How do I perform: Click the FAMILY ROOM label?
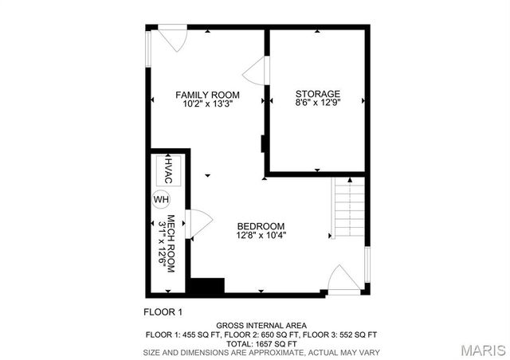click(207, 95)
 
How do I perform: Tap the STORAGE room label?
click(318, 93)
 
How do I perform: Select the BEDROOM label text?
click(261, 226)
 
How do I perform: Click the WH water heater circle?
click(162, 198)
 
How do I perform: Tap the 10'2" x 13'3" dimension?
click(207, 104)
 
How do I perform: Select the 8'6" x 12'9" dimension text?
click(318, 103)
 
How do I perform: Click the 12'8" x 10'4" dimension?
click(261, 236)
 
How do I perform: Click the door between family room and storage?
click(254, 72)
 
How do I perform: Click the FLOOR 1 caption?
click(163, 311)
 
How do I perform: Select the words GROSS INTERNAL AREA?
click(261, 326)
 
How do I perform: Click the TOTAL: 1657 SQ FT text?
click(261, 343)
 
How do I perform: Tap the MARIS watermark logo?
click(478, 350)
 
